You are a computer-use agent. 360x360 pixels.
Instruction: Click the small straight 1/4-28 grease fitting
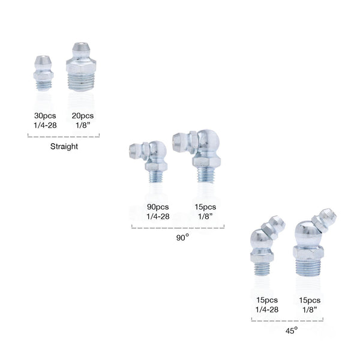(43, 73)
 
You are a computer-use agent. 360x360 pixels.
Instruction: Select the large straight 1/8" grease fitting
(81, 67)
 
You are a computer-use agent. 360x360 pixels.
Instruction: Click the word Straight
(64, 146)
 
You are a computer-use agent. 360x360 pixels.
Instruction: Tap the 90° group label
(182, 238)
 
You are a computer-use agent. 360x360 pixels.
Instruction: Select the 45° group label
(292, 331)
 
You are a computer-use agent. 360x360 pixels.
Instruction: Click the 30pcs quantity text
(45, 116)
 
